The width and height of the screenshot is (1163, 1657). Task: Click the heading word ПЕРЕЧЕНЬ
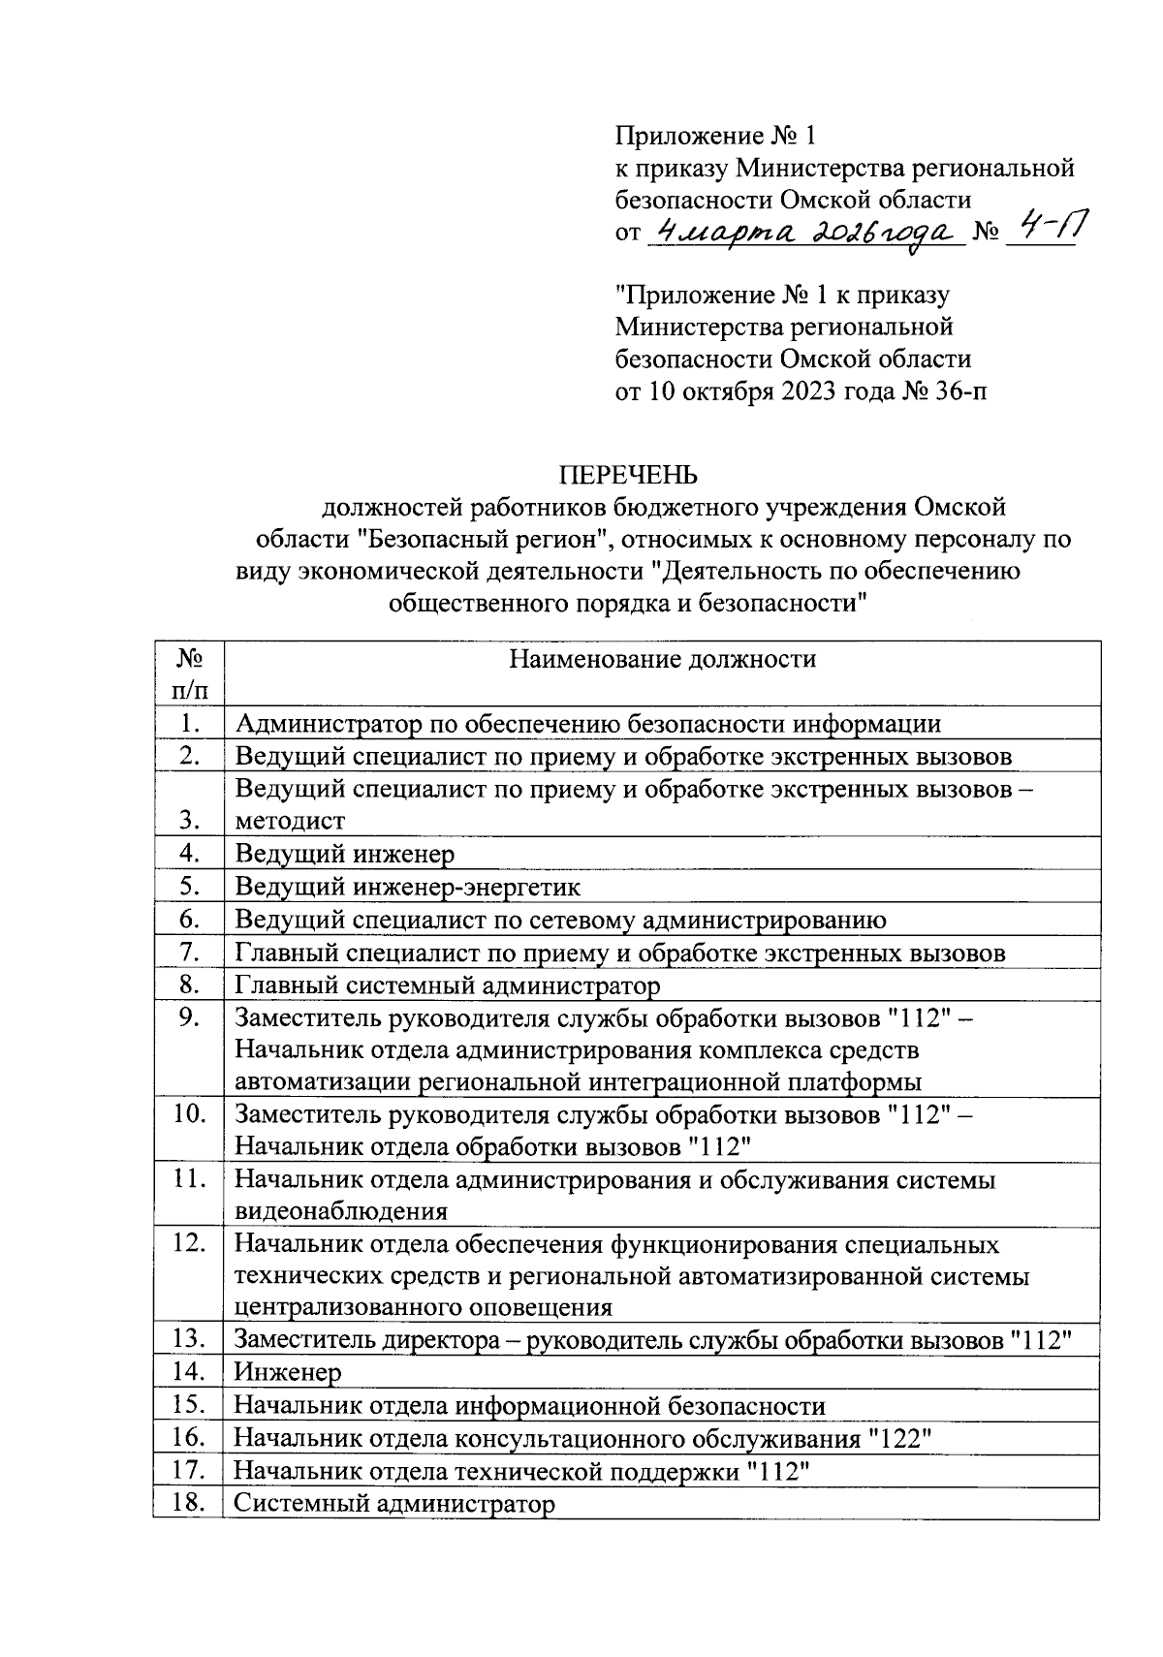(627, 475)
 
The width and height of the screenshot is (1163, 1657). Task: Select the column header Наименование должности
(663, 661)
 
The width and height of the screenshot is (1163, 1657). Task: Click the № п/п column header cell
(189, 674)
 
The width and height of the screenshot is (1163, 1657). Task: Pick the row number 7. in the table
(189, 953)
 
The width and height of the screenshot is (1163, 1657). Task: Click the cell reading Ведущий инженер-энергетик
(407, 887)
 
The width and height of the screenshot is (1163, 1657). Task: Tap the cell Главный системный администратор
(448, 985)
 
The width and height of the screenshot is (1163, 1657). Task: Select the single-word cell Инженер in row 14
(288, 1372)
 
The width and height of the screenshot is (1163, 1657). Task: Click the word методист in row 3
(290, 821)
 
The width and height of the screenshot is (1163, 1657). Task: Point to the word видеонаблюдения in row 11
(341, 1210)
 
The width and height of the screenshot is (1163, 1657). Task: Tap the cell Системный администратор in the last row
(395, 1504)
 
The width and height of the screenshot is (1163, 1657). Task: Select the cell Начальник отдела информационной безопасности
(530, 1405)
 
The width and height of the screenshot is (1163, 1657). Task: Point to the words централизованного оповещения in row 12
(424, 1307)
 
